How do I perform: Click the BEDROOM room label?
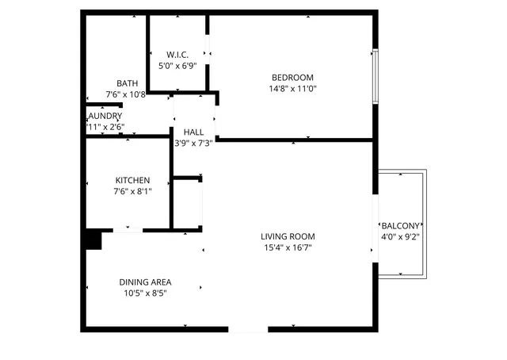tap(292, 77)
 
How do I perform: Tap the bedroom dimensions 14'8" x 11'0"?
tap(292, 89)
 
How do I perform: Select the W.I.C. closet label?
tap(177, 55)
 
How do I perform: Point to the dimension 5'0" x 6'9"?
tap(177, 66)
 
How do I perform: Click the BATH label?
tap(127, 83)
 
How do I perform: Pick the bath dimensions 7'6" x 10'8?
tap(126, 94)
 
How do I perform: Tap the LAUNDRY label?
tap(105, 116)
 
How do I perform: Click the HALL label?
tap(193, 132)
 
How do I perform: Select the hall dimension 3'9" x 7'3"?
tap(193, 144)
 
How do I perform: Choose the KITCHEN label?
tap(132, 180)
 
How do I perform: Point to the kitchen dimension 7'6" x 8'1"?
tap(132, 191)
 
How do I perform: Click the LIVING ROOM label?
tap(288, 236)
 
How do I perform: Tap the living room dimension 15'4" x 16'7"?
tap(288, 247)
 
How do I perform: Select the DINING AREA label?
tap(146, 282)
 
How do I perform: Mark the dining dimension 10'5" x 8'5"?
tap(146, 293)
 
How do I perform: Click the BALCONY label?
tap(401, 225)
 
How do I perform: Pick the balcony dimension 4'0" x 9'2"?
tap(401, 236)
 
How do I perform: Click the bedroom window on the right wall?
tap(375, 77)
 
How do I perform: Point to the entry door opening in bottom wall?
tap(248, 328)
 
